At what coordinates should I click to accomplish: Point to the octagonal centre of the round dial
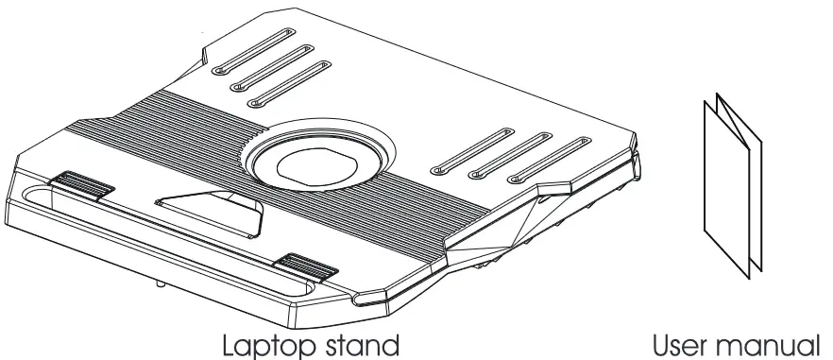pyautogui.click(x=316, y=163)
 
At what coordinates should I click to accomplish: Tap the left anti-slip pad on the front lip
pyautogui.click(x=82, y=185)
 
